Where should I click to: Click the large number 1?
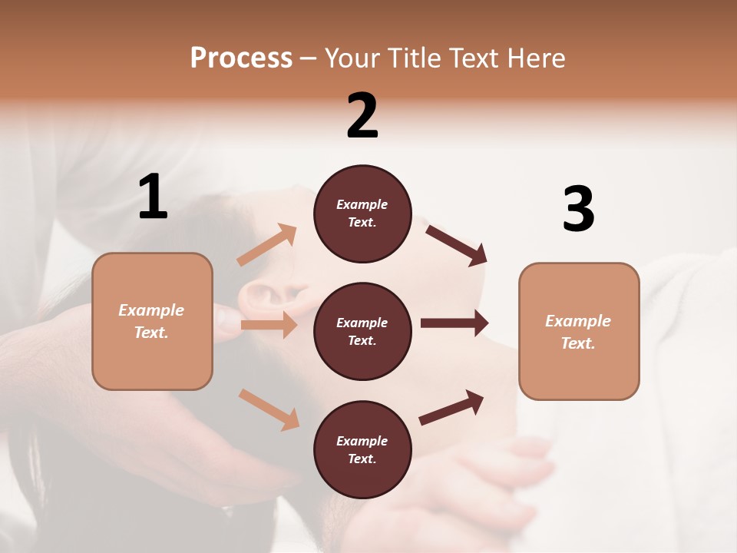point(153,197)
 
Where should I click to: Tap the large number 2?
point(362,116)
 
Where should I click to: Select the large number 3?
point(578,210)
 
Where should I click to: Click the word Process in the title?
point(241,58)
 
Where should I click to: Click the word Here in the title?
point(537,58)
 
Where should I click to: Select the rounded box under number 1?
point(152,321)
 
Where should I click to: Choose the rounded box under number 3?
point(579,331)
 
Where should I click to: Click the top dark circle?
point(362,214)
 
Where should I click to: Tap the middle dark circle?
point(362,331)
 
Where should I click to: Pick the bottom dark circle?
point(362,449)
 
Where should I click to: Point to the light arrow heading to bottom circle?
point(269,409)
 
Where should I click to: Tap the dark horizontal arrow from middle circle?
point(454,323)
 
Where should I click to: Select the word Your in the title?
point(351,58)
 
